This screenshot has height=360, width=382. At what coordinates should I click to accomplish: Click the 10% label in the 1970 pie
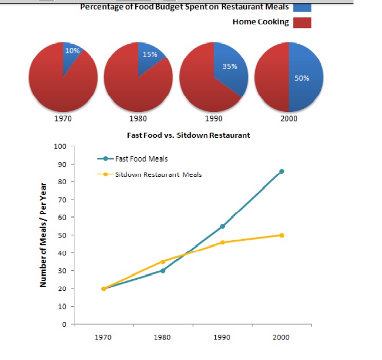[x=72, y=51]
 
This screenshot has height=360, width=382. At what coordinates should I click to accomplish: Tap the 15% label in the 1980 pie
[x=150, y=55]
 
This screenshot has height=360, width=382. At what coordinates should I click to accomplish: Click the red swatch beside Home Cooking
[x=301, y=22]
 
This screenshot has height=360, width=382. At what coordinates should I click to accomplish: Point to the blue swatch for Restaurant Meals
[x=301, y=7]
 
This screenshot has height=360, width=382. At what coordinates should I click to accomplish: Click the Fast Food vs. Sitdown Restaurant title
[x=188, y=135]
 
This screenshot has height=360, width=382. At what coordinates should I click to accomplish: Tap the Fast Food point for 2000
[x=282, y=171]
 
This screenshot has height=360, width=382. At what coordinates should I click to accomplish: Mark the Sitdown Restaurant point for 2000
[x=282, y=235]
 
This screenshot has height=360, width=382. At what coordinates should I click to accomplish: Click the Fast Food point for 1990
[x=222, y=226]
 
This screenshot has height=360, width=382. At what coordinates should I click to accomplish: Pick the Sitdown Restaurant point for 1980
[x=163, y=261]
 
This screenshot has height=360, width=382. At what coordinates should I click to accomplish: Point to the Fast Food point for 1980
[x=163, y=270]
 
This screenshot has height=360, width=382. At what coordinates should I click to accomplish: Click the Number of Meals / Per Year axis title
[x=45, y=235]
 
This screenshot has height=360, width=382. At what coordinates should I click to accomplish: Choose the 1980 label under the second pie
[x=138, y=118]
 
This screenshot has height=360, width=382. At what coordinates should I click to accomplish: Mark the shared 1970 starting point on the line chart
[x=103, y=288]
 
